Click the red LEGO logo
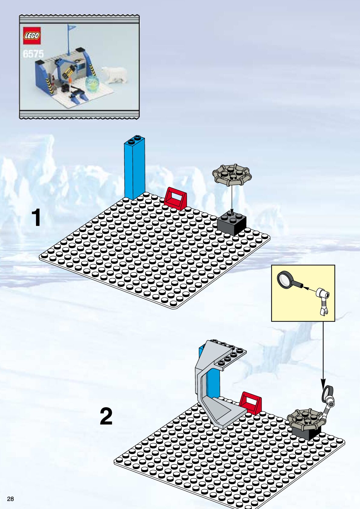click(32, 36)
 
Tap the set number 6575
click(33, 54)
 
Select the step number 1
click(36, 218)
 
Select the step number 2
click(106, 416)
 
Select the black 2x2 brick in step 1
click(232, 222)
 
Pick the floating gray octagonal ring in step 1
click(232, 175)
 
